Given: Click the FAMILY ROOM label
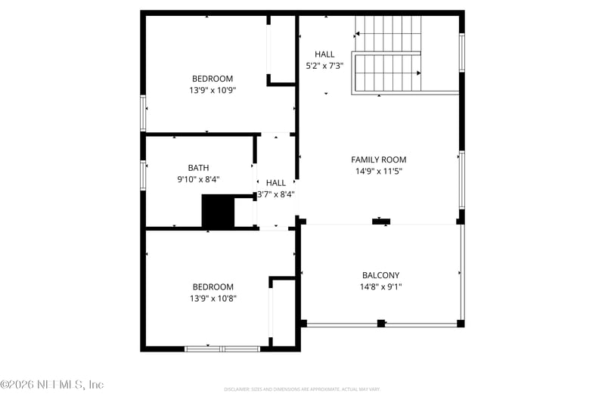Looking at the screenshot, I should pos(378,160).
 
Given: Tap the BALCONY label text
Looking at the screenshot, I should pos(380,275).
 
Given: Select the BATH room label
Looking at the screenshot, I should pos(199,168).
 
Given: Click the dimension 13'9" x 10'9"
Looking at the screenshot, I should pos(212,90).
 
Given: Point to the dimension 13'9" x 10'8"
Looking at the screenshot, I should pos(212,299).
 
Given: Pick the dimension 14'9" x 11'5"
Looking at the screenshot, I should pos(378,171).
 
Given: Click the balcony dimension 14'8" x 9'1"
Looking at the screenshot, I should pos(380,287).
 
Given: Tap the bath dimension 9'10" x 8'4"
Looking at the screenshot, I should pos(199,179).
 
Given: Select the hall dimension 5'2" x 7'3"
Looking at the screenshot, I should pos(324,66).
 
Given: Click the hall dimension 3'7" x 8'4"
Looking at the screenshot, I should pos(276,194).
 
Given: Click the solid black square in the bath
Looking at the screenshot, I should pos(218,212).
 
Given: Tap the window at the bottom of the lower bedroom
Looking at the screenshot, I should pos(222,349).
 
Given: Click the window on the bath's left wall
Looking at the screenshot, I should pos(143,173).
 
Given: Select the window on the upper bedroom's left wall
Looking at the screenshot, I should pos(143,113).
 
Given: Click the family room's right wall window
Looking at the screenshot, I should pos(461,180).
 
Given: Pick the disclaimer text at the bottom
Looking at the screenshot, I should pos(302,389).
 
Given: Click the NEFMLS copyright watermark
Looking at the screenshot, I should pos(51,384).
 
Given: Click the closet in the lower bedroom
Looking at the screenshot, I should pos(283,312).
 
